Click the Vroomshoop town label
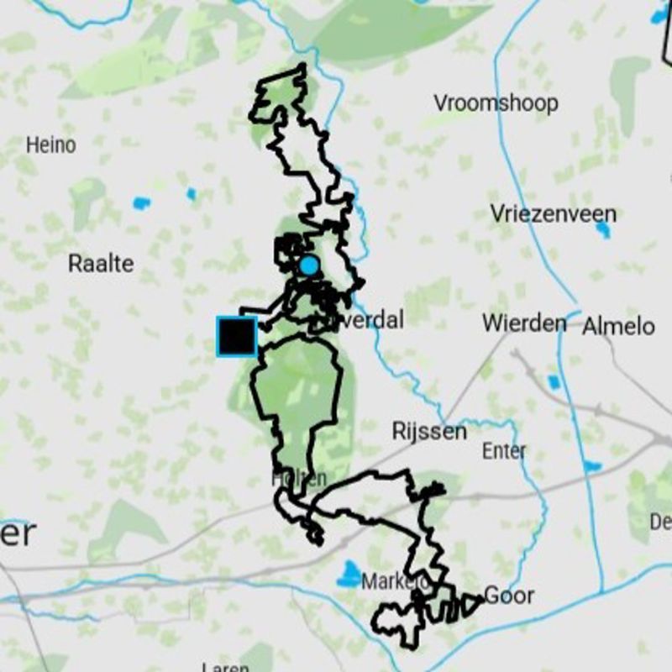point(496,103)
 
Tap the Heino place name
point(50,144)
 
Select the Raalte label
point(101,263)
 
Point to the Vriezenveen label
point(554,213)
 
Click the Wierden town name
point(524,323)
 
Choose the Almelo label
point(619,325)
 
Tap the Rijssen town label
point(429,432)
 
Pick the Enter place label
point(504,451)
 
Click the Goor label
point(509,596)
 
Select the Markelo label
point(395,581)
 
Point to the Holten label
point(298,478)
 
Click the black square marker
point(237,337)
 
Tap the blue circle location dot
point(309,265)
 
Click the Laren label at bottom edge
point(225,667)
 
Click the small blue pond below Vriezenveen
point(603,231)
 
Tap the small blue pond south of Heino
point(141,202)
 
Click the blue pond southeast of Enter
point(592,465)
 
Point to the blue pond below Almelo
point(554,383)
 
